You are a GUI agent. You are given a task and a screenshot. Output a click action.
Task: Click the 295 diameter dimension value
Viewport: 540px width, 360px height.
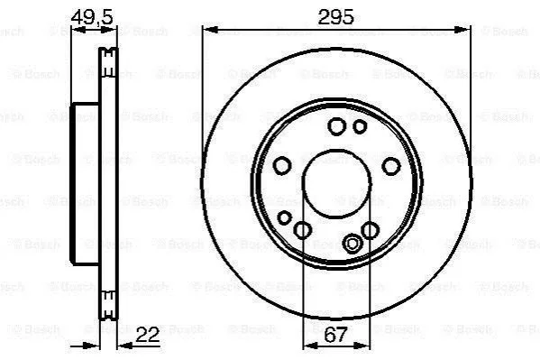pos(335,16)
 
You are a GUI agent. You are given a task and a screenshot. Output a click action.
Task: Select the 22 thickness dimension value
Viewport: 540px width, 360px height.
pos(148,335)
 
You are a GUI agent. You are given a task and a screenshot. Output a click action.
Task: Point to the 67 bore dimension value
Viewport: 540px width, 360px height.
pos(335,335)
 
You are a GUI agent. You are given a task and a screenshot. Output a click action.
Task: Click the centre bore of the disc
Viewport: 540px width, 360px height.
pos(336,184)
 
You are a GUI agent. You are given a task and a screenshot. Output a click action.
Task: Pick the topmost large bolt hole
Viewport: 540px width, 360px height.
pos(336,126)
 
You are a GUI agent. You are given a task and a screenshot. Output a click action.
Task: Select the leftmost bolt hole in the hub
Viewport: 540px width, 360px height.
pos(282,165)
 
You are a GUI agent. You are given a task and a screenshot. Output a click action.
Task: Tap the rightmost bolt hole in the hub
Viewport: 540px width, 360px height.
pos(391,166)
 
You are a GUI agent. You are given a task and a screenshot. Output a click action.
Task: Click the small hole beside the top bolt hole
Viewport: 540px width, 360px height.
pos(360,126)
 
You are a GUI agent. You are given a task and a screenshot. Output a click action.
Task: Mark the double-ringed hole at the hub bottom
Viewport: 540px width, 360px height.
pos(352,244)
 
